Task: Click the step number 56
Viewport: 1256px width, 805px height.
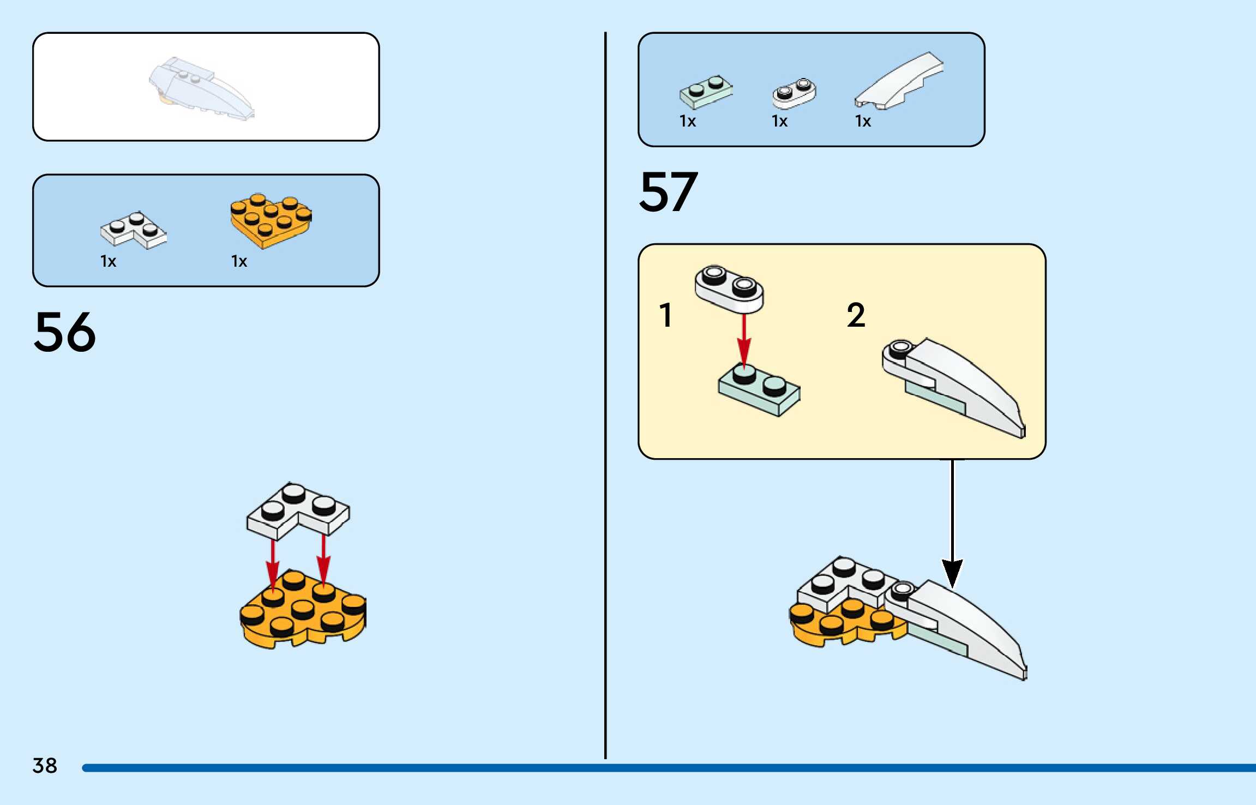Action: tap(65, 332)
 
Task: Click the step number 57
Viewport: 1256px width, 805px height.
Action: tap(668, 191)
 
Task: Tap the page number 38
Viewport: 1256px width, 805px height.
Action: tap(45, 766)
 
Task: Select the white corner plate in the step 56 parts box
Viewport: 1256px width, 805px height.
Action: tap(134, 230)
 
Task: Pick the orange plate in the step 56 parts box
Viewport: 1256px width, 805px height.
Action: tap(271, 220)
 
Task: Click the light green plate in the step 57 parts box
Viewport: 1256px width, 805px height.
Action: tap(706, 92)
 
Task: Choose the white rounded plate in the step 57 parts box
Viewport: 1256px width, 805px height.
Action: tap(794, 93)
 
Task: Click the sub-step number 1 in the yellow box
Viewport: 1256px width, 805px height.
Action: tap(665, 315)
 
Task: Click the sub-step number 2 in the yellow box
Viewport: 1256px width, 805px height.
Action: tap(856, 315)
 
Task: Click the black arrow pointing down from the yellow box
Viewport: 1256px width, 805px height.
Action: tap(952, 524)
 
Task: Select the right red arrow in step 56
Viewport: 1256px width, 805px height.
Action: tap(323, 562)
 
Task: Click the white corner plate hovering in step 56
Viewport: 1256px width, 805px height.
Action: tap(297, 509)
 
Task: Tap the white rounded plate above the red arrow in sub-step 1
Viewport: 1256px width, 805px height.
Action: tap(729, 289)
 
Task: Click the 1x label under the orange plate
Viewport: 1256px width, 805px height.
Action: tap(239, 261)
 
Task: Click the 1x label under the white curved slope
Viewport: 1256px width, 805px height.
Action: tap(863, 121)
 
